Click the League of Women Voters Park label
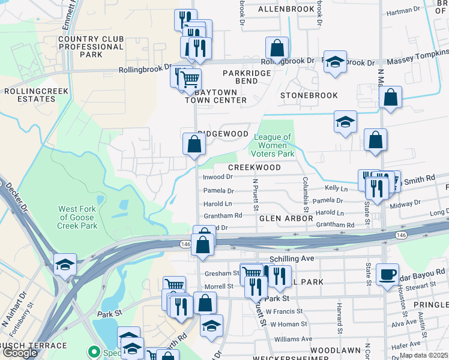coord(274,145)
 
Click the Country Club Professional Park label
coord(91,47)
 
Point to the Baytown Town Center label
coord(215,96)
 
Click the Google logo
coord(20,353)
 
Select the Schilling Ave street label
coord(292,258)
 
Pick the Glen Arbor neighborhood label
coord(283,219)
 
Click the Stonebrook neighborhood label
coord(309,95)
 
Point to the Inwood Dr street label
coord(218,177)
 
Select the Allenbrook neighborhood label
coord(286,10)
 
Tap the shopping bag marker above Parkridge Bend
coord(277,47)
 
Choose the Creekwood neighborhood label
coord(255,167)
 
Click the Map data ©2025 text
coord(423,355)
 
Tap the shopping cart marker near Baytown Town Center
coord(190,79)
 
